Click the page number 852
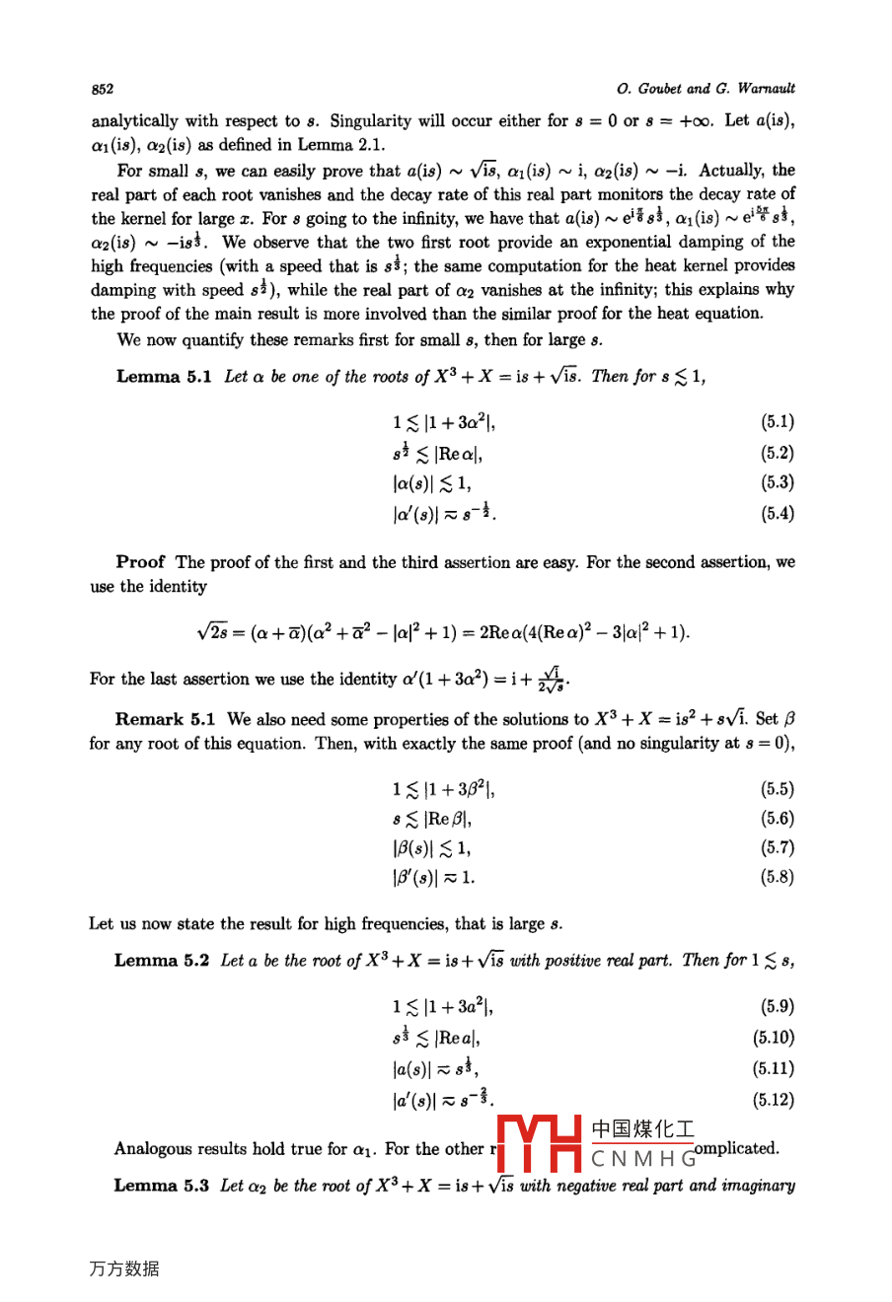point(103,89)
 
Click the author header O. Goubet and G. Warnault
point(706,89)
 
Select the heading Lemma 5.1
point(164,377)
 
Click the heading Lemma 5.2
point(162,960)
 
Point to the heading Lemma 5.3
point(162,1185)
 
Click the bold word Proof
point(140,562)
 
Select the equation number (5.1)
point(778,422)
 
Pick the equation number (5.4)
point(778,513)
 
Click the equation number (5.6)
point(778,818)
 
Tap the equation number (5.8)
point(778,876)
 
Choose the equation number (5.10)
point(774,1037)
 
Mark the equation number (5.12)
point(774,1099)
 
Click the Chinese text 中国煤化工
point(642,1129)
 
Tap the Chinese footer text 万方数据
point(123,1269)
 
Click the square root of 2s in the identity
point(214,631)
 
